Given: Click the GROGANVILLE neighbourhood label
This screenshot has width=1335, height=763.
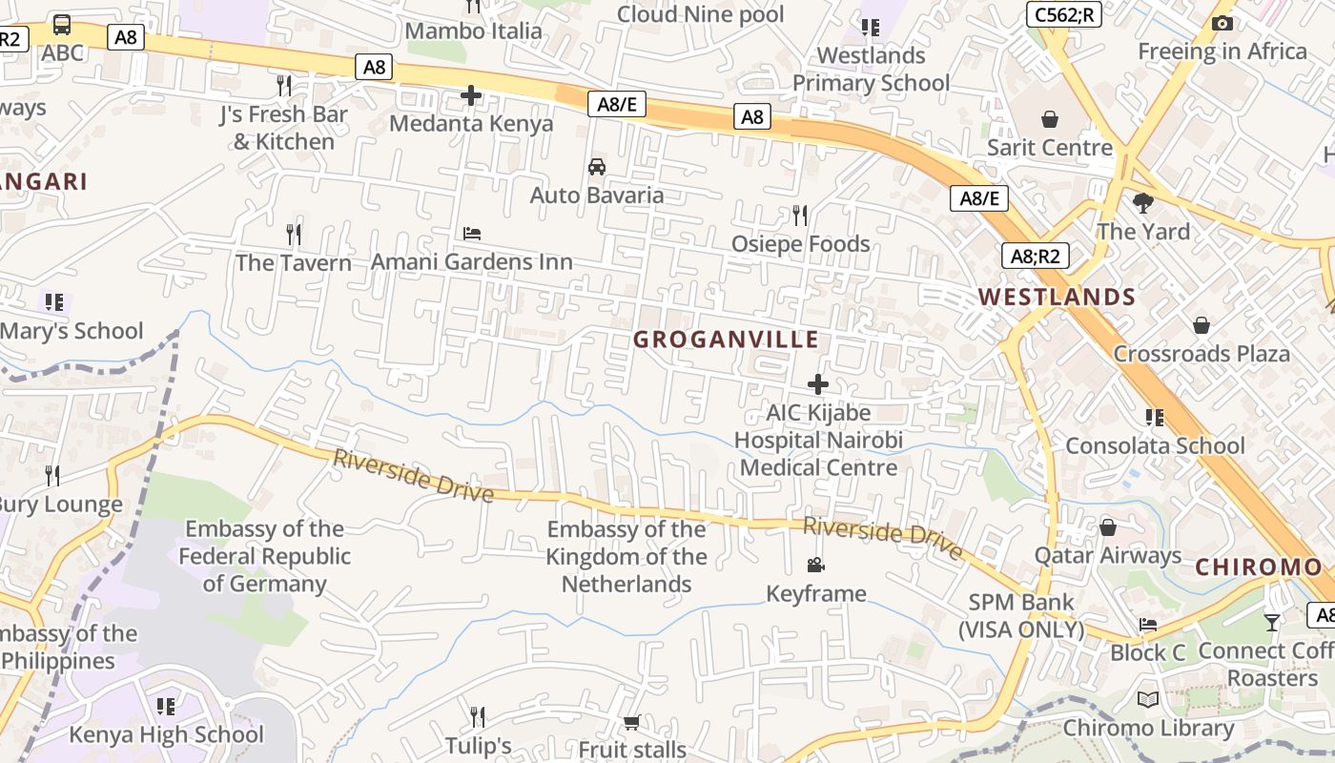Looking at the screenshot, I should point(726,340).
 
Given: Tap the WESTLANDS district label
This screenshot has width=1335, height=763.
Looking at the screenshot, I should point(1057,297).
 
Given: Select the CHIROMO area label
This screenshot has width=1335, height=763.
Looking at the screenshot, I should point(1259,567).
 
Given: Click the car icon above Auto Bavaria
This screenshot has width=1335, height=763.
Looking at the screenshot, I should point(597,167).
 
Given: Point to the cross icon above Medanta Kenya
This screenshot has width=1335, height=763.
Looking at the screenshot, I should point(471,95).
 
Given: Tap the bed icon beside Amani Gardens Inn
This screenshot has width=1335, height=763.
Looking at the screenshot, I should point(472,234).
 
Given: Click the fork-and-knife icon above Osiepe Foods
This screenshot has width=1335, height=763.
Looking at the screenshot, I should point(800,216).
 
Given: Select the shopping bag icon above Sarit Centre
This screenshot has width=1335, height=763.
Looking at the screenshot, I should point(1050,119).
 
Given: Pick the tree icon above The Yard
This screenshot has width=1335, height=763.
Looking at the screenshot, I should point(1143,202).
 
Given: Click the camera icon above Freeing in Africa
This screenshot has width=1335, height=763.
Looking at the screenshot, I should point(1222,24).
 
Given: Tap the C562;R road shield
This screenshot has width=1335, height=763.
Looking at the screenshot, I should point(1064,14).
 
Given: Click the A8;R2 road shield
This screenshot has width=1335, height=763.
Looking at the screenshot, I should point(1035,256).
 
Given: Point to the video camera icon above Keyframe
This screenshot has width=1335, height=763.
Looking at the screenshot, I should point(816,566).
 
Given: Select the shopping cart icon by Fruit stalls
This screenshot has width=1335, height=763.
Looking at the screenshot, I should point(631,722).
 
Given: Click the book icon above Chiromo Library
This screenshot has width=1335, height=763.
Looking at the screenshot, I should point(1148,700).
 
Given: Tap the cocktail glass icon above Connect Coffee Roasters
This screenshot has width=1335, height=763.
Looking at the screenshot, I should point(1272,623).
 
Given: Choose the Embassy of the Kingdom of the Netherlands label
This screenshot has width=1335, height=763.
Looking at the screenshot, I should point(626,557).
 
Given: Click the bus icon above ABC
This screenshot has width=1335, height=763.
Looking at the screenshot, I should point(62,25).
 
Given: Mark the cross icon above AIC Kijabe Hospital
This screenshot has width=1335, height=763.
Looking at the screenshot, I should point(818,384).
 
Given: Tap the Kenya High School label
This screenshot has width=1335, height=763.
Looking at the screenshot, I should point(166,734).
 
